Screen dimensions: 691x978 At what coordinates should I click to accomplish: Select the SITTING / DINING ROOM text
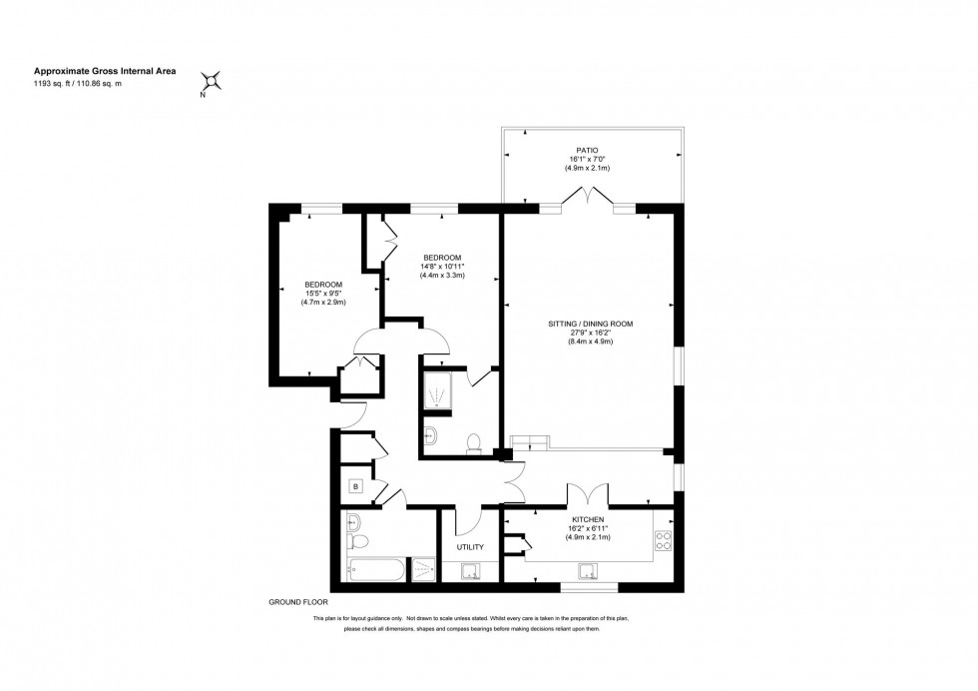click(x=590, y=324)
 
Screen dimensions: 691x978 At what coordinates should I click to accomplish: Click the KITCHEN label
click(x=589, y=519)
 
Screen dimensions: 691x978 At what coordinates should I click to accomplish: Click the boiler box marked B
click(x=354, y=487)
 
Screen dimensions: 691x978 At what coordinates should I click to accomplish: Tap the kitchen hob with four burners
click(x=663, y=542)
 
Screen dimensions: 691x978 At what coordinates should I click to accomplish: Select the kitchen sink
click(x=590, y=571)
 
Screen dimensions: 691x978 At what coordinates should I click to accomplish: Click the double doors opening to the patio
click(x=588, y=197)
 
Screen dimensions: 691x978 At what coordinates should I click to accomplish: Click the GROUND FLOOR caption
click(x=297, y=602)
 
